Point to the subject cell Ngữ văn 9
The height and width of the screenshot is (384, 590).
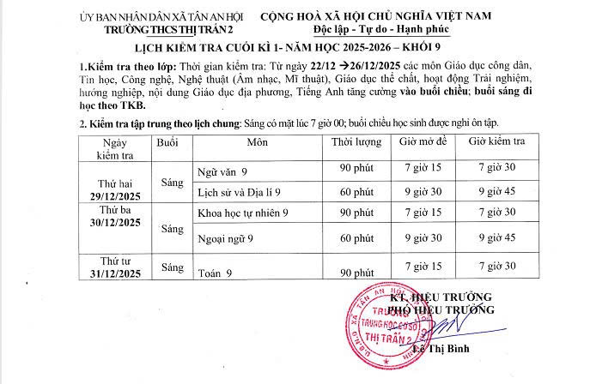click(222, 171)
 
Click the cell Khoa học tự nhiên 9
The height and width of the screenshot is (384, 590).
click(243, 212)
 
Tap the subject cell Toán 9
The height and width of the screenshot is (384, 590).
click(216, 273)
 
